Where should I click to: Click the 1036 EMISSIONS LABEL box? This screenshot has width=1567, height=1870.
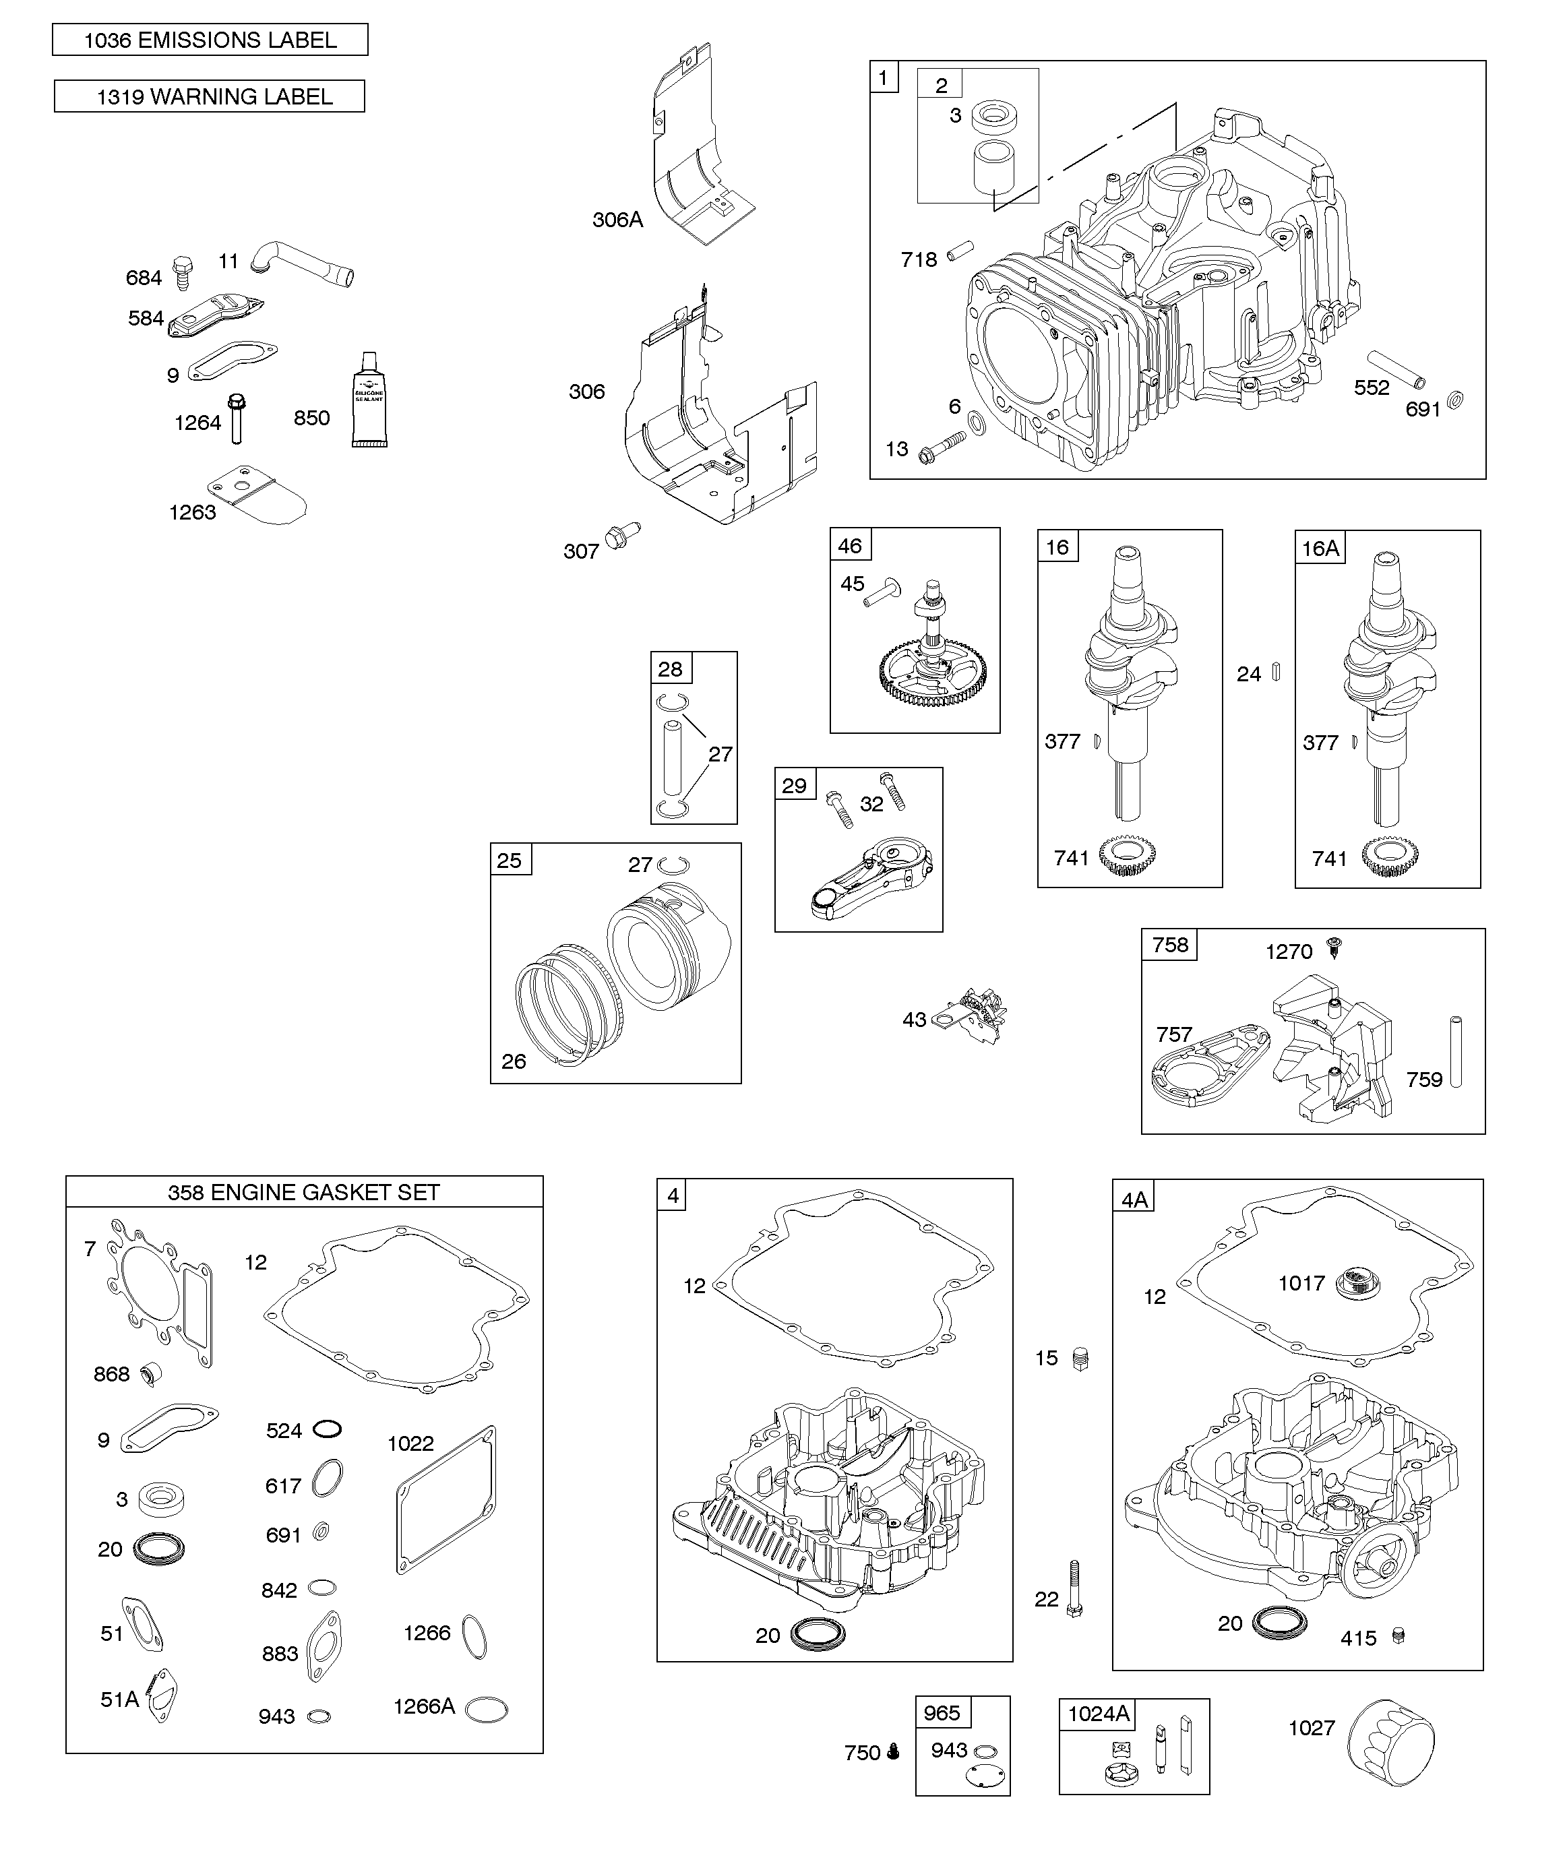click(x=210, y=40)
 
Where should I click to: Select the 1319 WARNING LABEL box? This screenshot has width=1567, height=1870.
click(x=210, y=96)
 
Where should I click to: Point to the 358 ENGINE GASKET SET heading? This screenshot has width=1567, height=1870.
click(x=304, y=1192)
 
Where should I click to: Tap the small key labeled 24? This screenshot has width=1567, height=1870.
click(x=1276, y=671)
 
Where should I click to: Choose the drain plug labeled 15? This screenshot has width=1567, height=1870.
click(x=1080, y=1359)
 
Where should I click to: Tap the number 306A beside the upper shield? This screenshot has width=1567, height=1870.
click(x=617, y=220)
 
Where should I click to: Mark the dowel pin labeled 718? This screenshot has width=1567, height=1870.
click(x=960, y=251)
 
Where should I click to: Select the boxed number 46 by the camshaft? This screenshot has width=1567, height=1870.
click(x=850, y=545)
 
